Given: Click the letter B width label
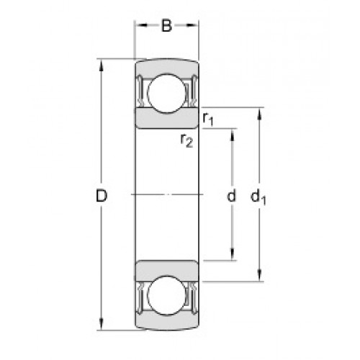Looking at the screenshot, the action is (167, 26).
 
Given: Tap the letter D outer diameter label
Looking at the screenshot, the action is (102, 196).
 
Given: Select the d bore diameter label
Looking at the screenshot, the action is (231, 195).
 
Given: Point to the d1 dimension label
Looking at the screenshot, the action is (258, 197).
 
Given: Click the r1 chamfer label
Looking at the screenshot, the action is (208, 119).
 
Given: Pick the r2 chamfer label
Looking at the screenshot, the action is (186, 140).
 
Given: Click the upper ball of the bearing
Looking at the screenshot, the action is (166, 93).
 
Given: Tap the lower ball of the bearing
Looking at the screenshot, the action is (166, 295).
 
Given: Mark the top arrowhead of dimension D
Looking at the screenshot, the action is (102, 65).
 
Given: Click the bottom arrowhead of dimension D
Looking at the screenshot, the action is (102, 324).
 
